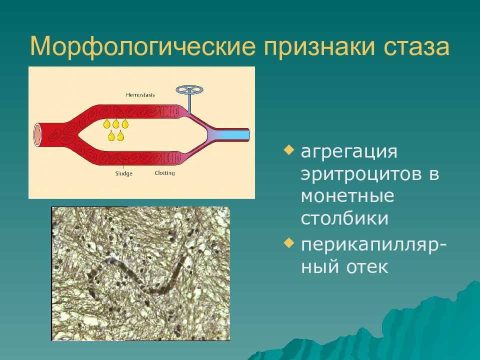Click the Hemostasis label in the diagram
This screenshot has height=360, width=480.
pyautogui.click(x=140, y=95)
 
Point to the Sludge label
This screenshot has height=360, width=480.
pyautogui.click(x=123, y=173)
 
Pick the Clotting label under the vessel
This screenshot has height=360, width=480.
pyautogui.click(x=164, y=173)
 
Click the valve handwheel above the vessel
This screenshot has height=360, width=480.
pyautogui.click(x=189, y=89)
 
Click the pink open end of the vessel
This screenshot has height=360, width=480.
pyautogui.click(x=37, y=134)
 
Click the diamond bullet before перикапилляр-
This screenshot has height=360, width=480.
pyautogui.click(x=288, y=243)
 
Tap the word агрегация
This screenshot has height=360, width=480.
pyautogui.click(x=349, y=152)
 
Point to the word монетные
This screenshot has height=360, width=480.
pyautogui.click(x=347, y=196)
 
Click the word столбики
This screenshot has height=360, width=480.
pyautogui.click(x=344, y=218)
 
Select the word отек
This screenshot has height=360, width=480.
pyautogui.click(x=367, y=266)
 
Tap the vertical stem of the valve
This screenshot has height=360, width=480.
pyautogui.click(x=190, y=103)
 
